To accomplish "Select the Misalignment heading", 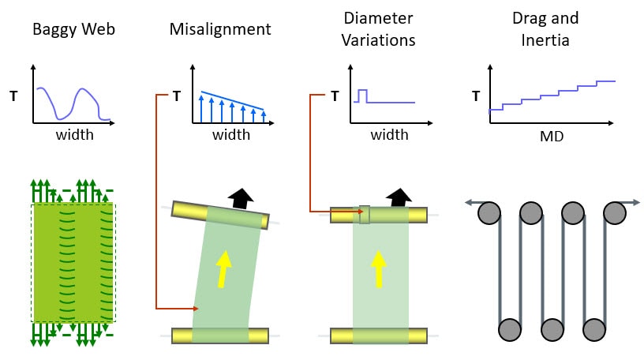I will tap(220, 30).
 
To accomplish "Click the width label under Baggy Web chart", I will tap(75, 135).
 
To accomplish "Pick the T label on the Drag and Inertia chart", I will tap(476, 97).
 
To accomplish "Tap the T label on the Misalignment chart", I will tap(177, 97).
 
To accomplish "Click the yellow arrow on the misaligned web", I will tap(224, 267).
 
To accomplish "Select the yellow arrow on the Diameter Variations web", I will tap(379, 268).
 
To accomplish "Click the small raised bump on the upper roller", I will tap(364, 214).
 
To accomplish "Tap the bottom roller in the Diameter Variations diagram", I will tap(379, 335).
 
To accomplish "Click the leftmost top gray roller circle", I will tap(489, 214).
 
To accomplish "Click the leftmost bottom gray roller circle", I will tap(510, 328).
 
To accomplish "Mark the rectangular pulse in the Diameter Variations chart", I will tap(362, 96).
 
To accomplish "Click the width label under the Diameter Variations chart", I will tap(389, 135).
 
